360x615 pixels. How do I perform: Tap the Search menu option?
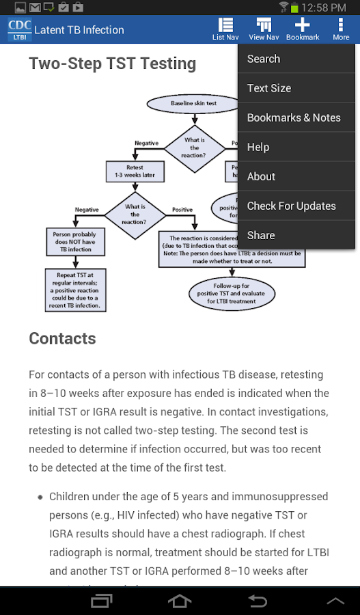[x=296, y=59]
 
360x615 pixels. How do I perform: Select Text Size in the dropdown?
[x=296, y=88]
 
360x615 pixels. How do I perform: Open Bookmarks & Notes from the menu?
[x=296, y=118]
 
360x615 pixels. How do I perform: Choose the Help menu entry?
[x=296, y=147]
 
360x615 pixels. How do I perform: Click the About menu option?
[x=296, y=176]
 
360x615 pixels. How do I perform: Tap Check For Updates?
[x=296, y=206]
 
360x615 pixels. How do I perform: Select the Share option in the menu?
[x=296, y=235]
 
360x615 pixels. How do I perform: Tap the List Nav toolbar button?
[x=225, y=29]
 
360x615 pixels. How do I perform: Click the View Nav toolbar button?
[x=264, y=29]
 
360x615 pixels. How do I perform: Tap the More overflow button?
[x=340, y=29]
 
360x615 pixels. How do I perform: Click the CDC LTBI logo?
[x=19, y=30]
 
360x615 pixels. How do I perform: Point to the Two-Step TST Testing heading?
[x=112, y=64]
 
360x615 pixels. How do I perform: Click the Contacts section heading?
[x=62, y=339]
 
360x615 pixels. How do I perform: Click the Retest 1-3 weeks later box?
[x=135, y=171]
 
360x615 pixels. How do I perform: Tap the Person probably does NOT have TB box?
[x=74, y=241]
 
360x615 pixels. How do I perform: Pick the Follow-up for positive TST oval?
[x=233, y=292]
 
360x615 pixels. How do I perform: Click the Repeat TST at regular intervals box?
[x=74, y=290]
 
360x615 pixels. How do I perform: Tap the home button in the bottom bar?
[x=180, y=601]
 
